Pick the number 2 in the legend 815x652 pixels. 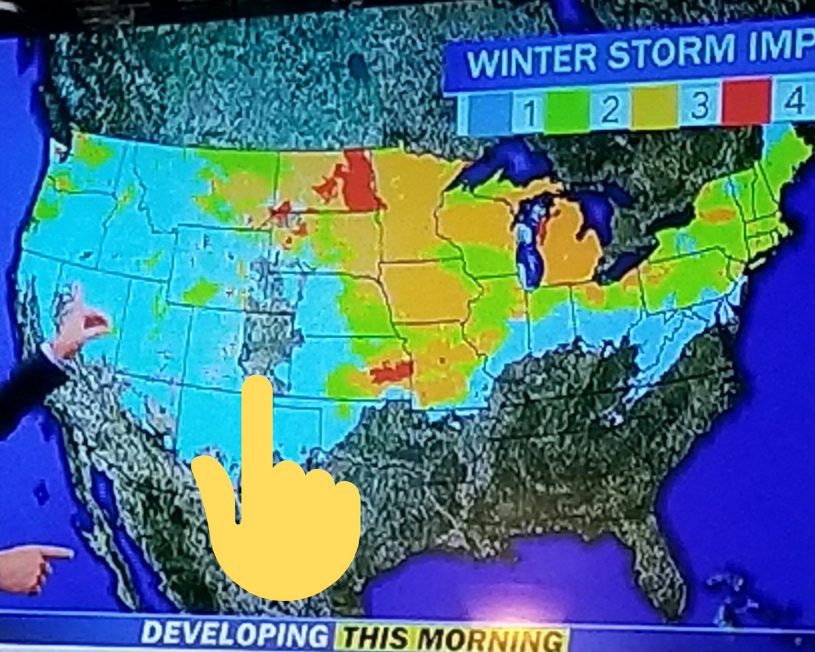pyautogui.click(x=610, y=109)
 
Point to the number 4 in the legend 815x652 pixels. pyautogui.click(x=792, y=102)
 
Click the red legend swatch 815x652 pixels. pyautogui.click(x=745, y=102)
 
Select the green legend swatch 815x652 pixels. pyautogui.click(x=566, y=111)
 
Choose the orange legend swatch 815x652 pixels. pyautogui.click(x=654, y=107)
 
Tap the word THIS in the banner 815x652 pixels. pyautogui.click(x=374, y=638)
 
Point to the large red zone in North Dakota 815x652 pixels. pyautogui.click(x=358, y=181)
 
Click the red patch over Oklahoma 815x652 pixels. pyautogui.click(x=393, y=371)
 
